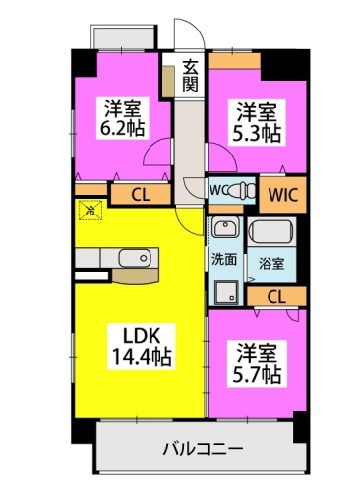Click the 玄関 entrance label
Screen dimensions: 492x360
point(191,76)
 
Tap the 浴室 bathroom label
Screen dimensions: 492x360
point(271,265)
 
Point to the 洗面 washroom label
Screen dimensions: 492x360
point(223,260)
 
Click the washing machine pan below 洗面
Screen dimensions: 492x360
point(224,289)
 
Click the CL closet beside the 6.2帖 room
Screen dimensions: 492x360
point(141,195)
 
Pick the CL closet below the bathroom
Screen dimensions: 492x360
point(279,295)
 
